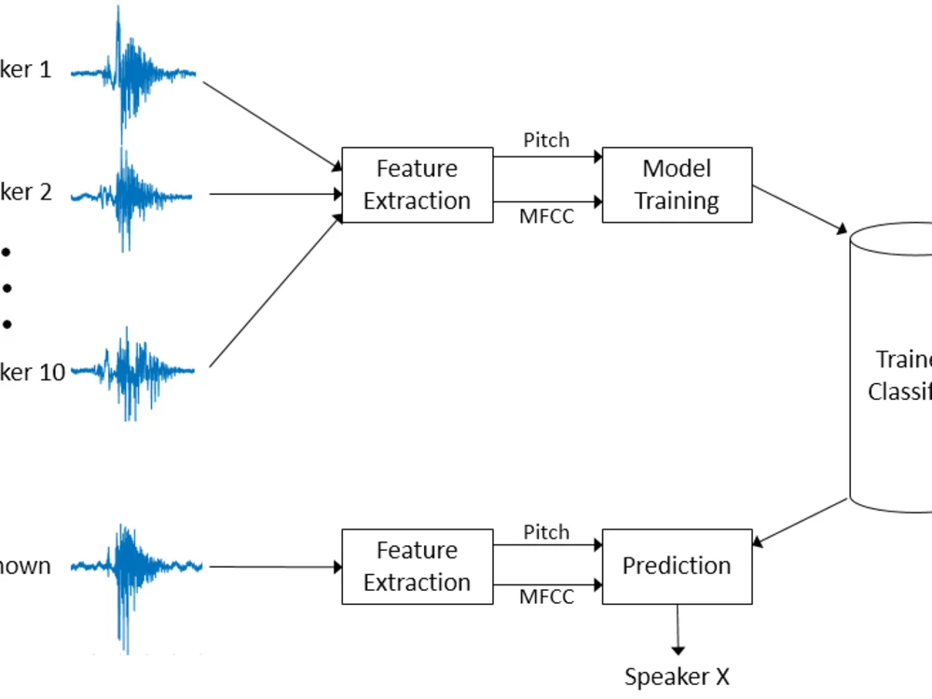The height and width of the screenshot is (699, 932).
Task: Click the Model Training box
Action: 677,185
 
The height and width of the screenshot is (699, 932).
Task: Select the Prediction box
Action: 677,566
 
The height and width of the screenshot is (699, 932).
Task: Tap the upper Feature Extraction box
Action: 417,185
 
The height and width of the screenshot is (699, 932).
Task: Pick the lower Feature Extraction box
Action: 417,566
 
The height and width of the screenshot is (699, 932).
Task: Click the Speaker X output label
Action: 677,677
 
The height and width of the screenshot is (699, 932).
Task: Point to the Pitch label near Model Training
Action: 546,141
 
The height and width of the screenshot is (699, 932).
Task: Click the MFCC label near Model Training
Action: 546,216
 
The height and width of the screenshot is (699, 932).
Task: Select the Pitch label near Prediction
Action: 546,532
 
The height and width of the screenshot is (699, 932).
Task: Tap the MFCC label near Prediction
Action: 546,597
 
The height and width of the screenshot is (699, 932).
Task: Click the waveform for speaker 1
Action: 133,73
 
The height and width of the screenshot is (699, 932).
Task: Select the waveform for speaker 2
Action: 133,196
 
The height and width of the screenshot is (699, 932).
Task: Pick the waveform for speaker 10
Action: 133,372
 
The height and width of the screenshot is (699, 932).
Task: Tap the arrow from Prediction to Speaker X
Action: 677,629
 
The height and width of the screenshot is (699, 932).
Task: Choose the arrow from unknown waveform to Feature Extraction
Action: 275,566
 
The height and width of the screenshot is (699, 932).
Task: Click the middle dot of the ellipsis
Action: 7,288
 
